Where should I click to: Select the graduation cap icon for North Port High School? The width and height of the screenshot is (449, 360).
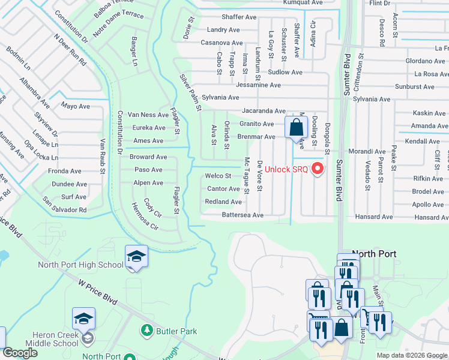pyautogui.click(x=136, y=256)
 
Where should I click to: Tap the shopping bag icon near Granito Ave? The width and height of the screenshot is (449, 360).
pyautogui.click(x=296, y=127)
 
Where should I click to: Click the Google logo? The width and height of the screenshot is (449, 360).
pyautogui.click(x=20, y=353)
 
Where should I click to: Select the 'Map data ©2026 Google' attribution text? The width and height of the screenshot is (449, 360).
pyautogui.click(x=412, y=355)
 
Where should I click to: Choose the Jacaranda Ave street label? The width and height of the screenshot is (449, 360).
pyautogui.click(x=264, y=111)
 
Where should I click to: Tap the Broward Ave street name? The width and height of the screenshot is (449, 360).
pyautogui.click(x=148, y=157)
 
